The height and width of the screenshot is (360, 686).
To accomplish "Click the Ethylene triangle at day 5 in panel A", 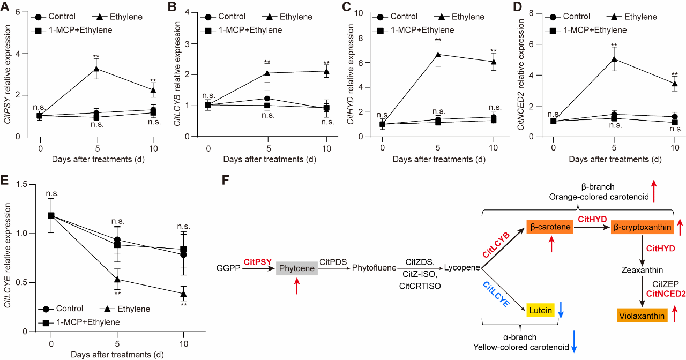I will point(96,69).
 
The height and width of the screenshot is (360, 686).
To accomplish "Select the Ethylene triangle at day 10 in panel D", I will point(674,84).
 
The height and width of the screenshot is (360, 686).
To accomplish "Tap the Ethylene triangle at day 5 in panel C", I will point(438,54).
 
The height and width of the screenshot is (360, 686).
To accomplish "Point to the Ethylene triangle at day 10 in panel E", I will point(184,294).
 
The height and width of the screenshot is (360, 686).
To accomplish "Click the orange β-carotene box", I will point(550,227).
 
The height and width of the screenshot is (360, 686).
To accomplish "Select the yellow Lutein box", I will point(540,310).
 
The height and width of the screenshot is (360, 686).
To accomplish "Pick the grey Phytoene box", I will point(297,268).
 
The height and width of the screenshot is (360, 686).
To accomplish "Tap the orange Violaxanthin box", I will point(642,316).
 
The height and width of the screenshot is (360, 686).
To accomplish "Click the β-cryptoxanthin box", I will point(642,228).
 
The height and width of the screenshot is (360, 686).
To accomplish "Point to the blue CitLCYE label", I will point(495,294).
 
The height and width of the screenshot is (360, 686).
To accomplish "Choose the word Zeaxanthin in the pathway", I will point(642,270).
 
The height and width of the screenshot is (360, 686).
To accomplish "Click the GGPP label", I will point(228,267).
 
